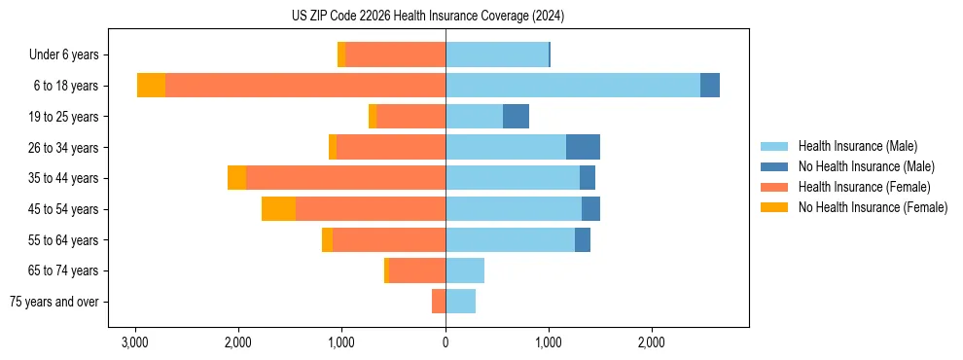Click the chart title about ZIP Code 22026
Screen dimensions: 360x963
(x=428, y=17)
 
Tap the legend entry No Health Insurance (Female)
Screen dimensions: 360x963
(x=873, y=207)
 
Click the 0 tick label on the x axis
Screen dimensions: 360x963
(x=446, y=342)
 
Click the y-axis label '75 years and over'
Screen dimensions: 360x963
(x=54, y=302)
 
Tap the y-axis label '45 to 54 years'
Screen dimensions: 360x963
(x=61, y=209)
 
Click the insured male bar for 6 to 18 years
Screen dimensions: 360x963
(x=572, y=86)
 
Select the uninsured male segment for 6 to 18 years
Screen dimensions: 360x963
(x=710, y=86)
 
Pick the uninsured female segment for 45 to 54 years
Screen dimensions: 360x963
(x=278, y=209)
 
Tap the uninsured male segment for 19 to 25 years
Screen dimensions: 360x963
(x=516, y=117)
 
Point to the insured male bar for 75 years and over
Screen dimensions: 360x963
(x=460, y=302)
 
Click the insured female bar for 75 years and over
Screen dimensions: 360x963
(x=439, y=302)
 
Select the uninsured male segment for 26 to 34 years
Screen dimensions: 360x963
(x=583, y=147)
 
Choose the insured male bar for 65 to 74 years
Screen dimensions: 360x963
(x=465, y=270)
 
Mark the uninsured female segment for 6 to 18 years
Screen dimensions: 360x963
(x=151, y=86)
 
